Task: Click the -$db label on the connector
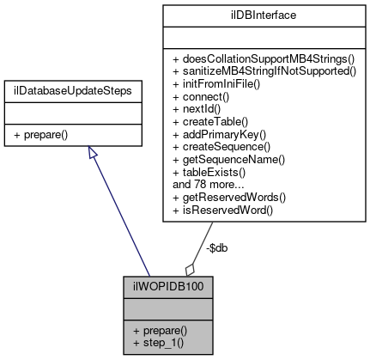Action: [x=217, y=248]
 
